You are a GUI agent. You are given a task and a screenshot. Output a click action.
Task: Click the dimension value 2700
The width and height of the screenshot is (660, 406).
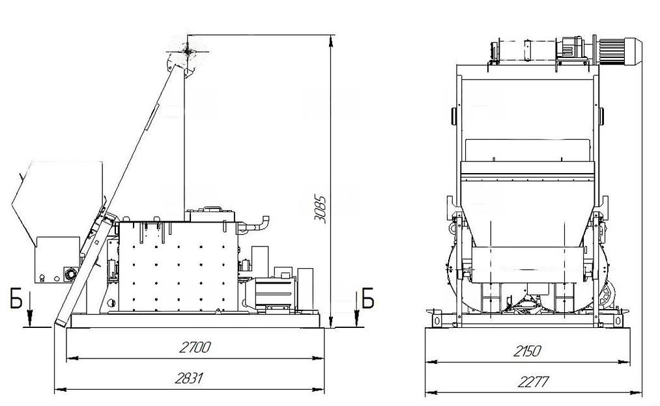point(195,347)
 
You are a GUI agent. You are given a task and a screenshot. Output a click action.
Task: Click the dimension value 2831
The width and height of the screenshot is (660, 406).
point(188,378)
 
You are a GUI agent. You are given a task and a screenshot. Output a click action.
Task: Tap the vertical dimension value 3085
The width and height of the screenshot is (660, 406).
point(321,209)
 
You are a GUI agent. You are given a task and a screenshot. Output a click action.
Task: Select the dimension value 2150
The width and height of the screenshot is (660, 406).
point(526,351)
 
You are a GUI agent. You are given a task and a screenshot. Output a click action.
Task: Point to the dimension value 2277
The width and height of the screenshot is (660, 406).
point(534,382)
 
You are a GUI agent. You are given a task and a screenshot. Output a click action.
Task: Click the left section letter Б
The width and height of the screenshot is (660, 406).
point(16,299)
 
